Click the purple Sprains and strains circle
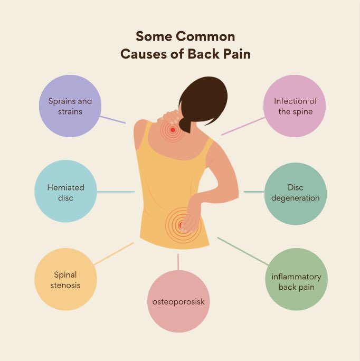(70, 106)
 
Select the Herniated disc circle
(66, 192)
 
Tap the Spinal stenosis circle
(65, 279)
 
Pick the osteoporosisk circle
(178, 301)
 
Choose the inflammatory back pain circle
(296, 279)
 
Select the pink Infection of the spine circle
(295, 106)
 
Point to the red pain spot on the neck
(172, 129)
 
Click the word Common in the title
(205, 37)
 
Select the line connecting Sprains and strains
(112, 119)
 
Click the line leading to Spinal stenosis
(114, 253)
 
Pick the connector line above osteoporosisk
(178, 261)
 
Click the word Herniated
(66, 187)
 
